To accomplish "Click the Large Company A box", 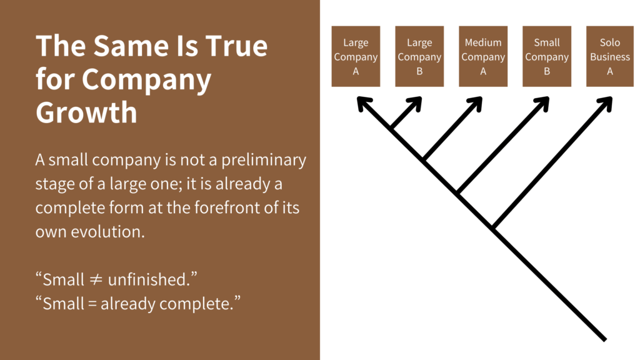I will [356, 56].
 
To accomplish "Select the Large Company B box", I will [419, 56].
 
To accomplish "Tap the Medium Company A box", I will [483, 56].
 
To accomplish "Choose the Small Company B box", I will [547, 56].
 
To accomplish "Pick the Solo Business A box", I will [610, 56].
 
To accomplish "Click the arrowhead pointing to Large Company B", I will [416, 102].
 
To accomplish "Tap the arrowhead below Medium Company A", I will [477, 102].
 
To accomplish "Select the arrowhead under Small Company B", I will [544, 102].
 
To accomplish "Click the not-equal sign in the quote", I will [96, 279].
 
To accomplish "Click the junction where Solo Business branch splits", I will [494, 228].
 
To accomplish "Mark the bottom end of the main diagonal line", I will [604, 339].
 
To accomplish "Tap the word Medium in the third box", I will [483, 42].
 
